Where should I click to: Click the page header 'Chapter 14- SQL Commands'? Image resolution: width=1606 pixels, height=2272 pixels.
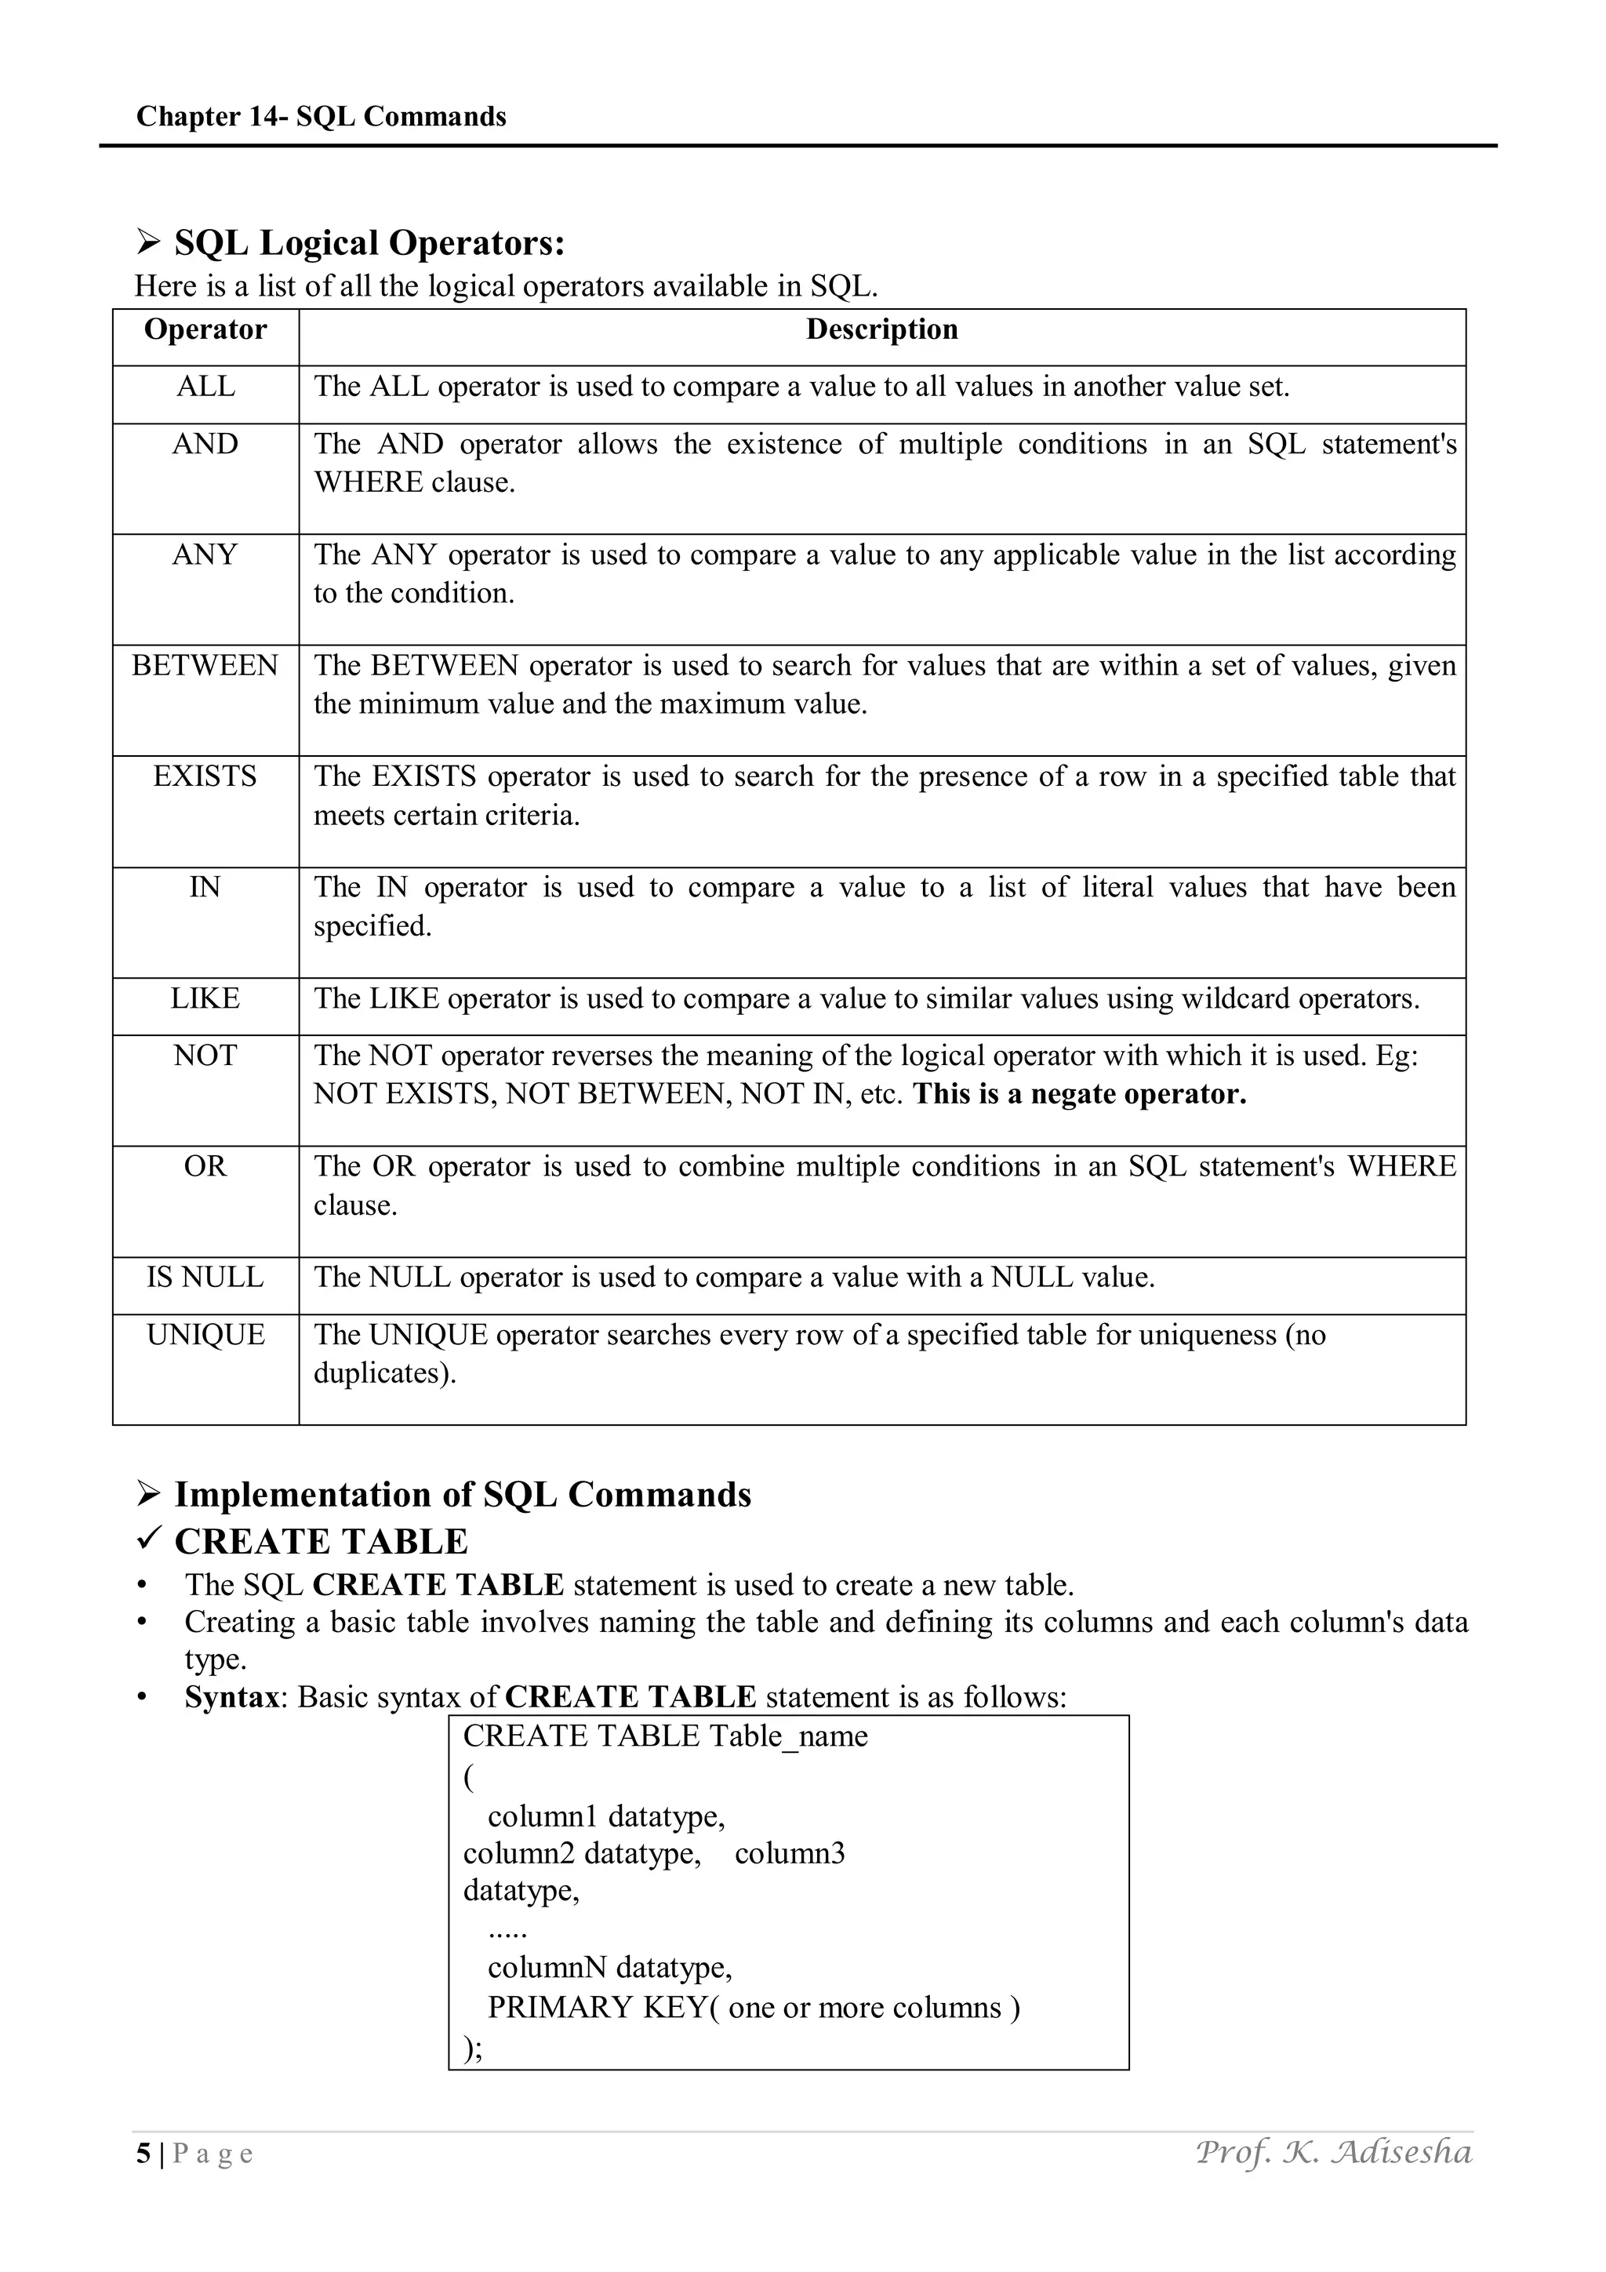click(321, 117)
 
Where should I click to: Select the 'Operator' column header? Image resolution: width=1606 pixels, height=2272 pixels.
click(205, 329)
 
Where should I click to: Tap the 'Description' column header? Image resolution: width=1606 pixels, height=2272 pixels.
click(881, 329)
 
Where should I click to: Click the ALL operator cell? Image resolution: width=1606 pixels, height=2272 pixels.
click(205, 387)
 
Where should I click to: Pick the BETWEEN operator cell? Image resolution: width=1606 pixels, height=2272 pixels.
click(205, 666)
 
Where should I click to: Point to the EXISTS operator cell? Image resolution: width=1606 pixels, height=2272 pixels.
click(205, 776)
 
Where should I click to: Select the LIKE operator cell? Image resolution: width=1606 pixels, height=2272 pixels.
click(205, 998)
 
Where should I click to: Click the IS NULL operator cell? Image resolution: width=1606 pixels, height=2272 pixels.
click(205, 1278)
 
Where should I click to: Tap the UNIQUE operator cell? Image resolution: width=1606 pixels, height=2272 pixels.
click(205, 1336)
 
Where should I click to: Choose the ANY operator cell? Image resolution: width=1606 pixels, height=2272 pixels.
click(205, 555)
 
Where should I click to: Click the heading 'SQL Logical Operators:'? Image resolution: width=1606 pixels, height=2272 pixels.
click(369, 243)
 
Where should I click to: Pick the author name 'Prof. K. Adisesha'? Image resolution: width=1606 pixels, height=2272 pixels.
click(1333, 2152)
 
